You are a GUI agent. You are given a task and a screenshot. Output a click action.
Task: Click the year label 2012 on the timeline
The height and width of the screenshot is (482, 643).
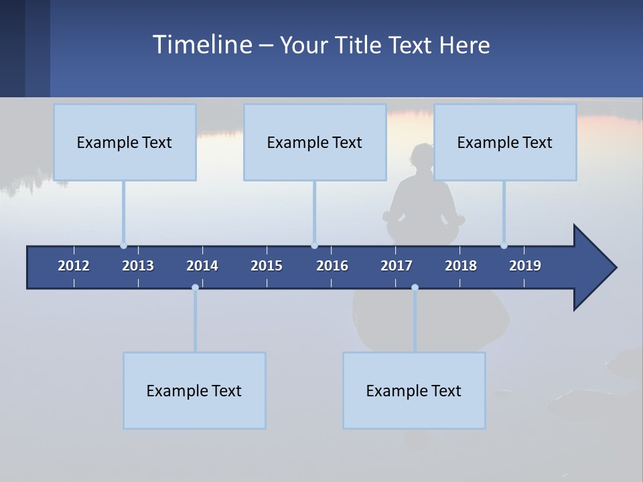(x=74, y=266)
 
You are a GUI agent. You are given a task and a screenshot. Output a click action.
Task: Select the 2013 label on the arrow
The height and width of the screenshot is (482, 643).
(x=138, y=266)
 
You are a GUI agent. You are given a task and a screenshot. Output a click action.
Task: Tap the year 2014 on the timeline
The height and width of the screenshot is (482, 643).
(x=202, y=266)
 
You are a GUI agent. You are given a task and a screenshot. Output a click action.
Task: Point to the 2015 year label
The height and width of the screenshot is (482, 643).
(x=267, y=266)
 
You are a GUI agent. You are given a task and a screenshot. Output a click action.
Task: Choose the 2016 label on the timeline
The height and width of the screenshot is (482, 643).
(x=332, y=266)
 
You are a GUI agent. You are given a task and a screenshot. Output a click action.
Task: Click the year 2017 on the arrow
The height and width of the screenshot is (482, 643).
(x=397, y=266)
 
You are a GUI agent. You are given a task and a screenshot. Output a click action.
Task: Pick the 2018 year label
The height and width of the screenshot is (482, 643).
(x=461, y=266)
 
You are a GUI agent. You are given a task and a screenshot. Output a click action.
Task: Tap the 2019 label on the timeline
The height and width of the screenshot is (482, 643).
(x=525, y=266)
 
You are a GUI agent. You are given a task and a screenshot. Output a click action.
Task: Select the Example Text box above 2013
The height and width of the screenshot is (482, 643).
(x=125, y=142)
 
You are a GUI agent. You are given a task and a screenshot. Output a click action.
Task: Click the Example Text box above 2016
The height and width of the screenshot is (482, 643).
(x=315, y=142)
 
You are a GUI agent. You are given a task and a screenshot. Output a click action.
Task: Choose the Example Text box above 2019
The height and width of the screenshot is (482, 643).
(x=505, y=142)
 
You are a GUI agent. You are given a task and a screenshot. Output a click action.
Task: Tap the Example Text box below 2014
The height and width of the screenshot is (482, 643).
(x=194, y=390)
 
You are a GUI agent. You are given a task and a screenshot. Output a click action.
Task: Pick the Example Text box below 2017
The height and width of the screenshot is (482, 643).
(x=414, y=390)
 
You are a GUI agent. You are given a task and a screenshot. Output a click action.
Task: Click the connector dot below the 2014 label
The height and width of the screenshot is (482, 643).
(x=195, y=288)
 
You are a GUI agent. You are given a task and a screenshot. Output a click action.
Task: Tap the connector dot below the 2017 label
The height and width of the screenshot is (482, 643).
(x=415, y=288)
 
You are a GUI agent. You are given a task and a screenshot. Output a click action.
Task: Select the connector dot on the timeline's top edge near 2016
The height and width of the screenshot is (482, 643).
(x=314, y=246)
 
